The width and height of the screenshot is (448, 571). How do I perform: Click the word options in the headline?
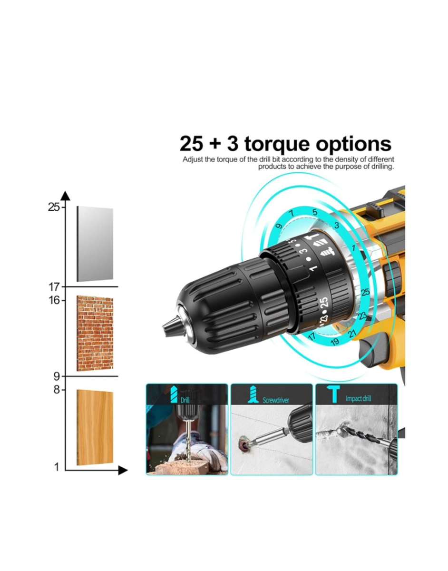354,144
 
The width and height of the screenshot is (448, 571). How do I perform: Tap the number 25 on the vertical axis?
54,207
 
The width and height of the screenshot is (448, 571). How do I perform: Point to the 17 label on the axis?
54,287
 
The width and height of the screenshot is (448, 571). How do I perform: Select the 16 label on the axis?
54,301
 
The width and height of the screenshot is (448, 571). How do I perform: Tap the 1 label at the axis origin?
57,467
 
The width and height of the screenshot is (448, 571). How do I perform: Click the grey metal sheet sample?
95,244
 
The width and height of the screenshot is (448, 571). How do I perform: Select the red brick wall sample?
95,333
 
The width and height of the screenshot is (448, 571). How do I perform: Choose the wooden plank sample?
95,427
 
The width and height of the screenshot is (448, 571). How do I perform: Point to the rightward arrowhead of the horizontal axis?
123,470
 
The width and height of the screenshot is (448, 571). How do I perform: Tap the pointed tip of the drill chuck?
167,328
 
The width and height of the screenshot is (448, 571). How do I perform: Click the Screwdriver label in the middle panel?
276,400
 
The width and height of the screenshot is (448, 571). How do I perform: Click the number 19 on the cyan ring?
334,342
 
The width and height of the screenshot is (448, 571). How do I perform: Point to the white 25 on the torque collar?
324,303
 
